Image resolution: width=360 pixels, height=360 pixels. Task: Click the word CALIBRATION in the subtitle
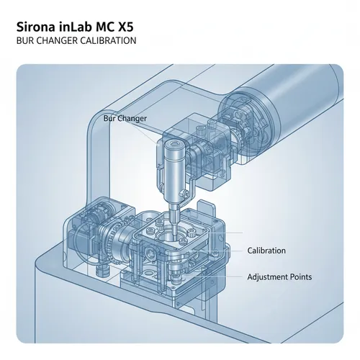click(x=108, y=41)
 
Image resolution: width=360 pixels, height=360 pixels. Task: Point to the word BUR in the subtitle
click(x=23, y=41)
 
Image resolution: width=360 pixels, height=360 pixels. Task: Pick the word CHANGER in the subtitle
click(x=57, y=41)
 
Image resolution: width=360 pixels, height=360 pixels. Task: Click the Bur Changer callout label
click(x=125, y=117)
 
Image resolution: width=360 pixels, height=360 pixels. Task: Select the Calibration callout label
click(x=266, y=251)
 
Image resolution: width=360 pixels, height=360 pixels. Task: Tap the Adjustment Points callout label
click(x=279, y=276)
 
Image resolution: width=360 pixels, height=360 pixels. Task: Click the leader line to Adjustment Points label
click(x=230, y=276)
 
